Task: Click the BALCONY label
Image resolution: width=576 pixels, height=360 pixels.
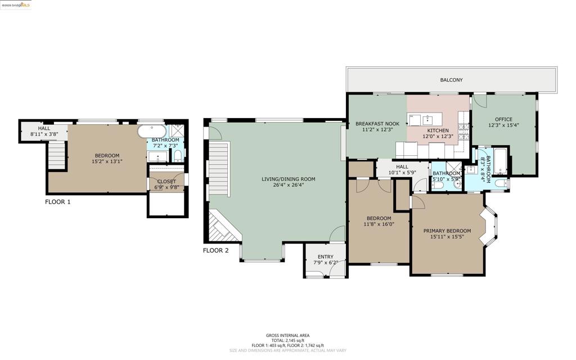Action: [451, 80]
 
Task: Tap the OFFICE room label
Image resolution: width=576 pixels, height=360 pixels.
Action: [503, 119]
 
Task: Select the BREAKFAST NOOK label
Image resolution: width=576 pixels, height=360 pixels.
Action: [377, 124]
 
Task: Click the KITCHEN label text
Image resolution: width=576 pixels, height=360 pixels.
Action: [438, 130]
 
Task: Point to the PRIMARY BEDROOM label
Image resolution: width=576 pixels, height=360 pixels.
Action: [447, 231]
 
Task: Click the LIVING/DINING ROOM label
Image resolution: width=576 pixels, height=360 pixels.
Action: [288, 179]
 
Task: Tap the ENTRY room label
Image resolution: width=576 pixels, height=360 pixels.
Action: [325, 256]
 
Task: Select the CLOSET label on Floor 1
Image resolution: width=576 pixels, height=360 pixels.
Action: [166, 182]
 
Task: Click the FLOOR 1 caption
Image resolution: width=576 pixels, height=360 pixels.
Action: [58, 201]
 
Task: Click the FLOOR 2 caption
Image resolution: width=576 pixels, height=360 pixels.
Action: [215, 250]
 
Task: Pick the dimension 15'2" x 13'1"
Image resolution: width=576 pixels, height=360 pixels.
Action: [107, 161]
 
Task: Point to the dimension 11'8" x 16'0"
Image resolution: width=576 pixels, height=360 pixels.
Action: [379, 224]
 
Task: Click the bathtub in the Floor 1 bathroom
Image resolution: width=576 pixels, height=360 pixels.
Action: [151, 132]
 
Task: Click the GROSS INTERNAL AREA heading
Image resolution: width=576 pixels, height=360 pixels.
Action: [287, 335]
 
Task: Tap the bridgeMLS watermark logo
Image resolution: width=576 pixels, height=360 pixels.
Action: [16, 5]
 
